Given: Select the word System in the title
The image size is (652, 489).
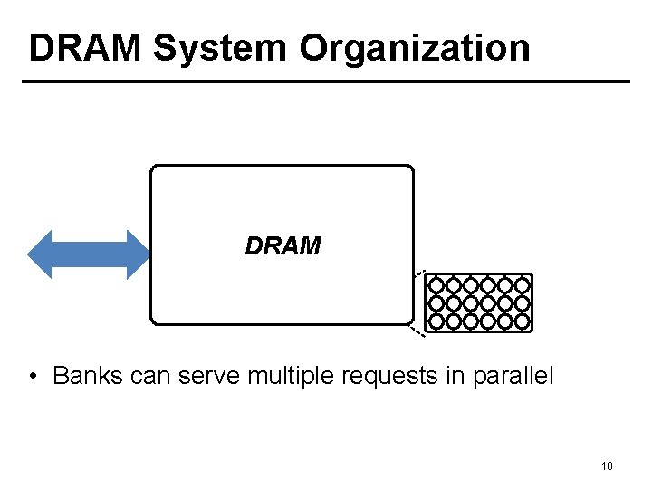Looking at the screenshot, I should coord(221,48).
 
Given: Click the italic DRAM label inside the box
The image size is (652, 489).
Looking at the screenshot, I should coord(283,246).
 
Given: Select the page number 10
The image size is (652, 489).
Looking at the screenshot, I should coord(607,466).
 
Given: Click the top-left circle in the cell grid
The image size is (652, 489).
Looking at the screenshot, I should coord(436,285).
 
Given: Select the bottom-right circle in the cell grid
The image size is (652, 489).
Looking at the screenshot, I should coord(522,321).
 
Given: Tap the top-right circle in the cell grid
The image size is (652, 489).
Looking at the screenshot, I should coord(522,285).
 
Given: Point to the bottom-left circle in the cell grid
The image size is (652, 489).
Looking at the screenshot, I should coord(436,321).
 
